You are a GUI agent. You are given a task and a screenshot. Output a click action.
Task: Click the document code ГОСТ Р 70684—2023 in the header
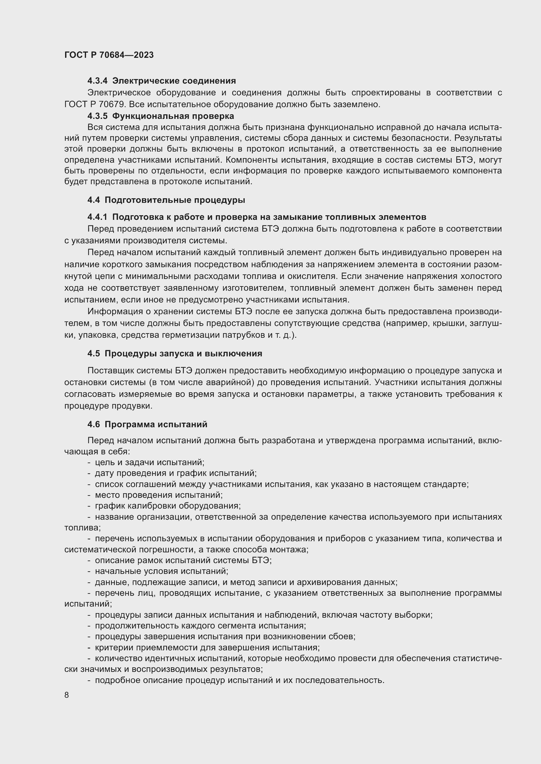point(109,55)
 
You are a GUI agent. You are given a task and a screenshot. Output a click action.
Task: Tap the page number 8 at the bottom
point(67,695)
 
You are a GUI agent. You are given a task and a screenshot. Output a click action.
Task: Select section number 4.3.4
point(97,81)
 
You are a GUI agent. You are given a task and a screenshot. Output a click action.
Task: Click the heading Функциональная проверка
point(173,116)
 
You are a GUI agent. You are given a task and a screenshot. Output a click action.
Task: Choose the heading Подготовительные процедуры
point(175,200)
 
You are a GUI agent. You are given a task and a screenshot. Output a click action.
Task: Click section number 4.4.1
point(97,217)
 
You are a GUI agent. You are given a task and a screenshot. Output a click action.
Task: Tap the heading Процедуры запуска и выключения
point(183,353)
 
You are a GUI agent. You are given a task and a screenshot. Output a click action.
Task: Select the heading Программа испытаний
point(156,424)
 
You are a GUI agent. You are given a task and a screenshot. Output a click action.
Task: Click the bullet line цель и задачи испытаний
point(149,462)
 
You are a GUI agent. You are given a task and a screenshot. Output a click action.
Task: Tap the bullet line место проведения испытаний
point(159,495)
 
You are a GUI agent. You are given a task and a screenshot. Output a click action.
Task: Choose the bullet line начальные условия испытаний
point(161,571)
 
